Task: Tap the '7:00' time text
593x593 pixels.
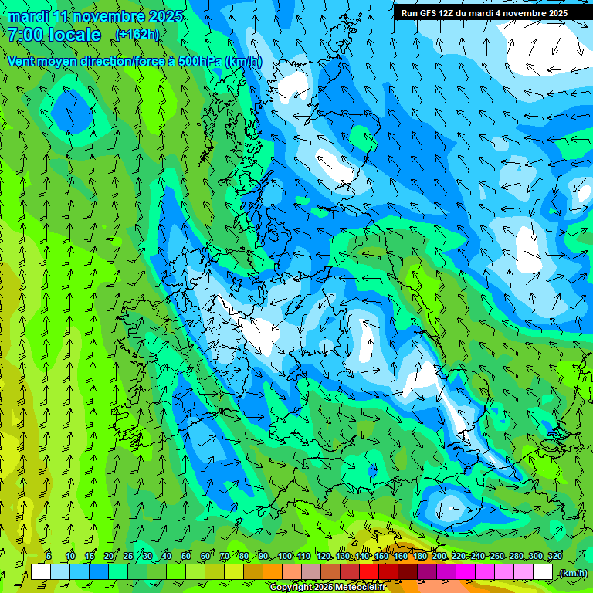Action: tap(25, 35)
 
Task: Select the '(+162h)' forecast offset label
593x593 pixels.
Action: tap(137, 34)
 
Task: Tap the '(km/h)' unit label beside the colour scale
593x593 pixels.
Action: tap(572, 573)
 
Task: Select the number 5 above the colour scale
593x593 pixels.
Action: tap(49, 556)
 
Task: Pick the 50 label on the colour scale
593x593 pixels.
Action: tap(185, 556)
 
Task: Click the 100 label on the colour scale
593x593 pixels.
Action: tap(285, 556)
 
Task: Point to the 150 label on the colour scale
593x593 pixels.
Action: tap(381, 556)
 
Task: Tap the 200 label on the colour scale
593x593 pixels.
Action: tap(439, 556)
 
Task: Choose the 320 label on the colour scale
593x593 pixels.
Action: tap(555, 556)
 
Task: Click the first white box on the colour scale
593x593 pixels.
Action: tap(41, 572)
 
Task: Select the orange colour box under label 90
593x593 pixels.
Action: tap(273, 572)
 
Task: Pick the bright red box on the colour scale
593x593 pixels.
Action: tap(369, 572)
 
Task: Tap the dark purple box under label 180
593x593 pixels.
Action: tap(427, 572)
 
